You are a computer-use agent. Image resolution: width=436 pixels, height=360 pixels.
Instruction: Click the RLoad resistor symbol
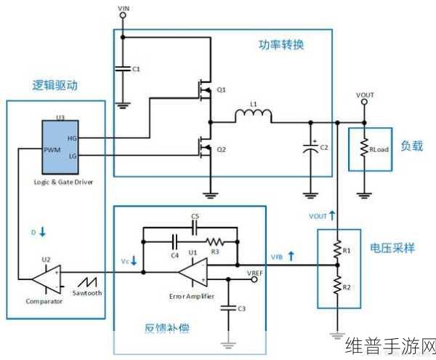tap(365, 148)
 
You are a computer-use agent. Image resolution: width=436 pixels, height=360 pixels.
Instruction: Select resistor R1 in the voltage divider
tap(336, 249)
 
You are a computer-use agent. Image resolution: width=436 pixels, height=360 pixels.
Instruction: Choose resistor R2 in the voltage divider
tap(336, 287)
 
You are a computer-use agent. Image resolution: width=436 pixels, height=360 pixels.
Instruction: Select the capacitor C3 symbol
tap(229, 308)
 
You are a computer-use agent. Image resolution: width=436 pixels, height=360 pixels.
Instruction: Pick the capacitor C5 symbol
tap(194, 226)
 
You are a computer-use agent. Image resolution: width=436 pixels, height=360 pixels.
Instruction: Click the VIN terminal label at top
tap(122, 8)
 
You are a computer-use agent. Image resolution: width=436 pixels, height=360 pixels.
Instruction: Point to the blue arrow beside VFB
tap(291, 256)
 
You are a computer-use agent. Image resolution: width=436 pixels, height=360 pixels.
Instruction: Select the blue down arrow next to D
tap(42, 232)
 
